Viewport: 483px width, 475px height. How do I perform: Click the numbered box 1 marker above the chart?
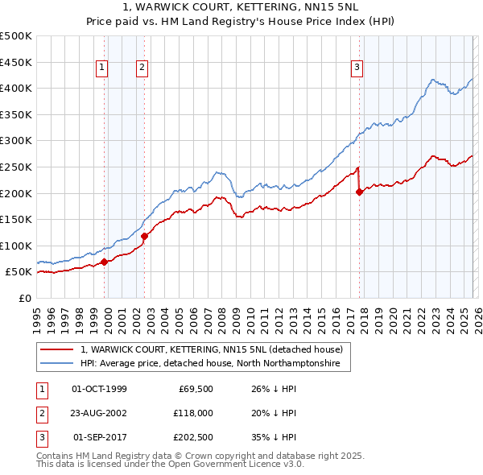(103, 68)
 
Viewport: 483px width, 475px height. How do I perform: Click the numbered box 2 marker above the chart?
(142, 68)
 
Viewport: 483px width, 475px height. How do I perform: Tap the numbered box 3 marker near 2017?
(357, 68)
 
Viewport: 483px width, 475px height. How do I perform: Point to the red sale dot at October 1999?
(105, 262)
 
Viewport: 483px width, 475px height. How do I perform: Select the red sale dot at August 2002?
(145, 236)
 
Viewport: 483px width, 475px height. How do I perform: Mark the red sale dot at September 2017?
(359, 192)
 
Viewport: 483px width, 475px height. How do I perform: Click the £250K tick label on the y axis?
(17, 167)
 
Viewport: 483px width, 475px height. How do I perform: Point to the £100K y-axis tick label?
(17, 246)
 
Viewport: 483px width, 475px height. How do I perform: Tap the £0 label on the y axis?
(25, 298)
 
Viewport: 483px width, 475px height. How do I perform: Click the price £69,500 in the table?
(195, 389)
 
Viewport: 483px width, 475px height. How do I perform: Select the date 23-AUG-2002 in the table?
(99, 413)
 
